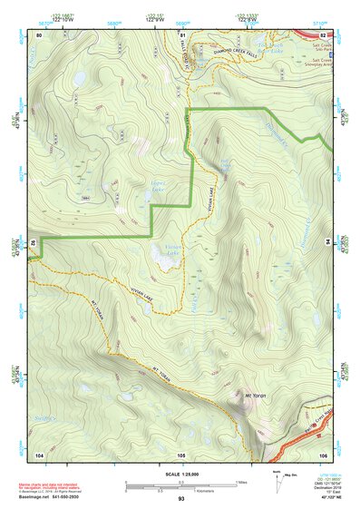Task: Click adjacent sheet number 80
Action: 40,34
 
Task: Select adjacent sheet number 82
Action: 322,34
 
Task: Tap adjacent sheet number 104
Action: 40,453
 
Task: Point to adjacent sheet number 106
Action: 322,453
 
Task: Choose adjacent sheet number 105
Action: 180,453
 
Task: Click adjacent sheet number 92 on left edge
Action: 32,243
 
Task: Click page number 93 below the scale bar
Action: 180,499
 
